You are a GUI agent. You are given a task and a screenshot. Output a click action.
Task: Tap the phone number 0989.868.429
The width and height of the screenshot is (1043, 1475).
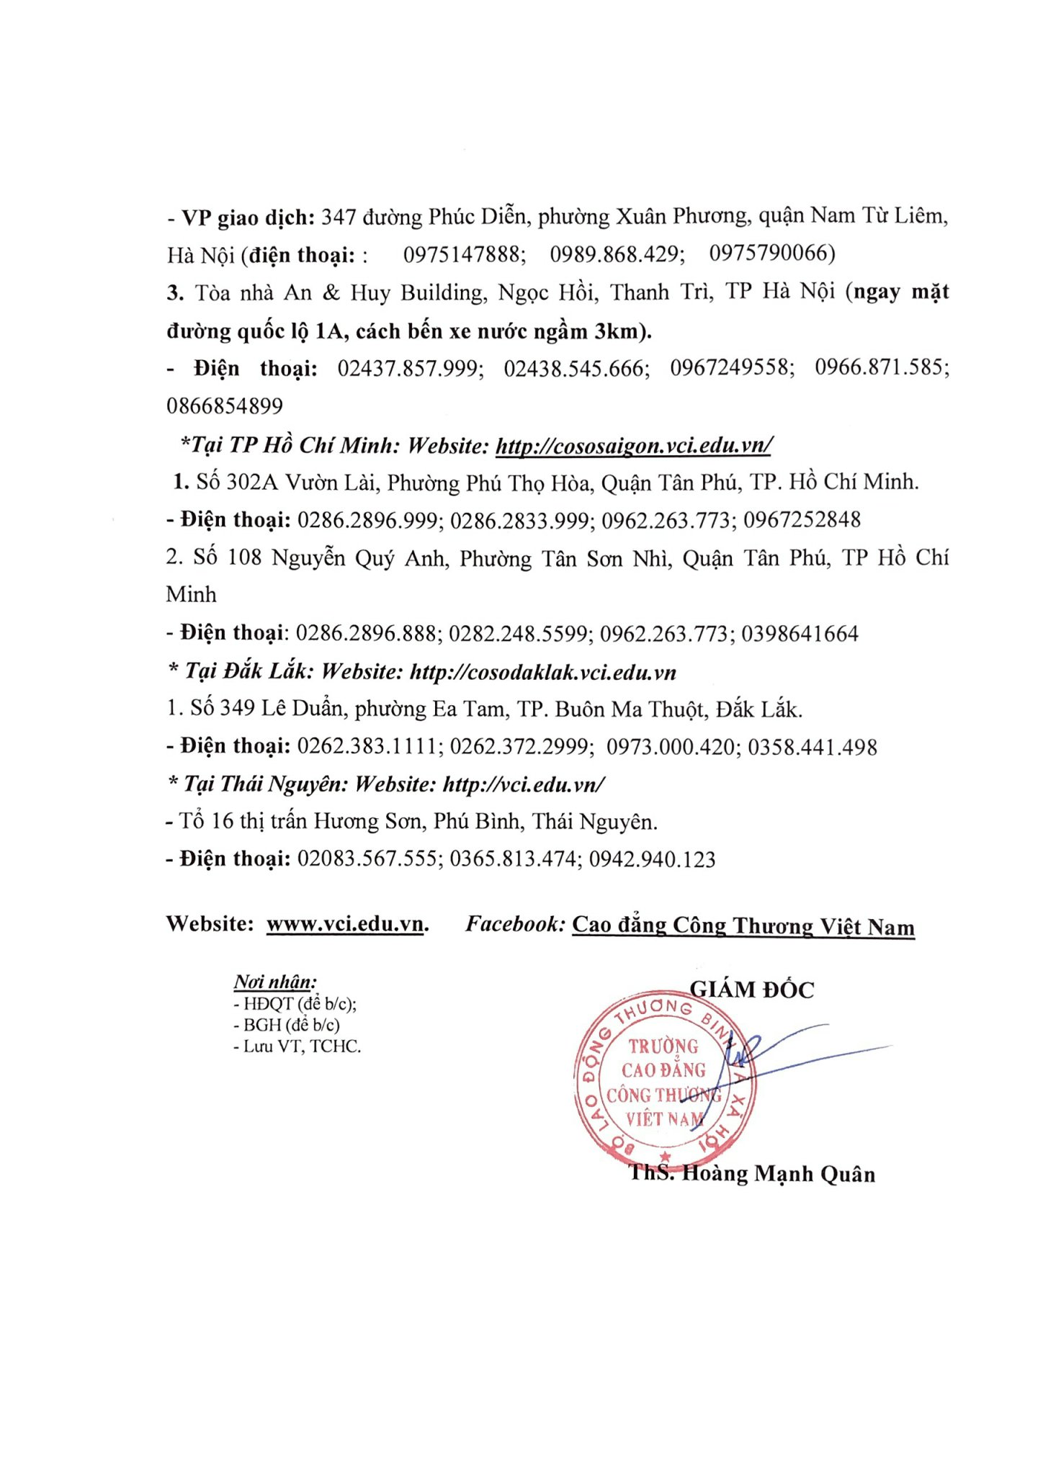click(617, 254)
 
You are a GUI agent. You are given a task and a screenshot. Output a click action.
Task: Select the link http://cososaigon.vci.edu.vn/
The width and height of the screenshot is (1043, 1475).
click(633, 445)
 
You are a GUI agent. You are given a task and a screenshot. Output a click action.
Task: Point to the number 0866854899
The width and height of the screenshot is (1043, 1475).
click(225, 406)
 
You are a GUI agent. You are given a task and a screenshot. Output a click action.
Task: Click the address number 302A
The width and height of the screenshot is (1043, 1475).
click(252, 482)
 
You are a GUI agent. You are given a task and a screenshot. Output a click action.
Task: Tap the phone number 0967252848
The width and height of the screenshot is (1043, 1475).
click(802, 519)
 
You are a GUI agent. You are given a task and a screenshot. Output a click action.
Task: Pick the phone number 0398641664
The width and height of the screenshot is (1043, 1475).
click(800, 634)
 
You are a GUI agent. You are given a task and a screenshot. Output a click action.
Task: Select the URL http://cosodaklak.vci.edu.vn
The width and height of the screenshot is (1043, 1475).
click(542, 672)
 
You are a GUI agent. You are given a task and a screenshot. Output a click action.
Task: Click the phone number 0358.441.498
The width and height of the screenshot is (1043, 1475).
click(812, 747)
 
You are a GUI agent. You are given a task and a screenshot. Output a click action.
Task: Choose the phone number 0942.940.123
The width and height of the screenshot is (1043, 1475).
click(652, 859)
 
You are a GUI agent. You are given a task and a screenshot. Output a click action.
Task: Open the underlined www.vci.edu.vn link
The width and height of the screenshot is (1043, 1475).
click(345, 924)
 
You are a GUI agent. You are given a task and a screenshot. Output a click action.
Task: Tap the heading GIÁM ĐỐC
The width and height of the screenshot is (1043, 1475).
click(751, 990)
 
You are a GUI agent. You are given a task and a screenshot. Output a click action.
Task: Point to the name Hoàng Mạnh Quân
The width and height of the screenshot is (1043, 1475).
click(778, 1174)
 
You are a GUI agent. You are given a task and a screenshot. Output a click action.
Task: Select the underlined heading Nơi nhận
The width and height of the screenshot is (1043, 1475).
click(274, 982)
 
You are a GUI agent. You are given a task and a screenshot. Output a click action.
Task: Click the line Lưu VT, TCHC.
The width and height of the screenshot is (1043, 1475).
click(297, 1046)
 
